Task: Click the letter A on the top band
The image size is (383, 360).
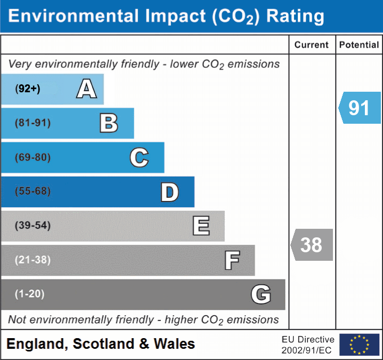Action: pos(86,89)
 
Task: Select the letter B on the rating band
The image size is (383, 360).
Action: pos(109,123)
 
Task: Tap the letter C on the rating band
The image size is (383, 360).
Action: pos(139,157)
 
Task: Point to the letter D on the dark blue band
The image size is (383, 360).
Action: pos(169,192)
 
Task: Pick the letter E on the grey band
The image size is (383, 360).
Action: pos(201,226)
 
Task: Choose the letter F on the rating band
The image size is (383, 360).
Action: pos(232,260)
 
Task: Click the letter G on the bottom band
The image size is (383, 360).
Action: pos(261,294)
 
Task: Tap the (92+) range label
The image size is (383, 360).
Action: pos(28,89)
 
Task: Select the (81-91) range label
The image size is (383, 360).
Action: pos(32,123)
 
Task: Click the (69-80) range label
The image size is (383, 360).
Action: pos(32,157)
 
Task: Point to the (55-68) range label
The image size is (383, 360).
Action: pos(32,191)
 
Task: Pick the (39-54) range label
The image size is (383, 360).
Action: pos(32,226)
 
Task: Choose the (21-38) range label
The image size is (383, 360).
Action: pos(32,260)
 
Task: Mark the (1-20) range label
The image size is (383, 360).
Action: pos(29,294)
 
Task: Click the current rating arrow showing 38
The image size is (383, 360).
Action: pos(312,245)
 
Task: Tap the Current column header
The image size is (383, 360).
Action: pos(312,45)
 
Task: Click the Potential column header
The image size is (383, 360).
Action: pos(359,45)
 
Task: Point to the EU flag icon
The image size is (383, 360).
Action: pos(359,345)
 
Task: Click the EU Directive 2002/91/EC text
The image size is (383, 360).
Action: pos(308,345)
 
